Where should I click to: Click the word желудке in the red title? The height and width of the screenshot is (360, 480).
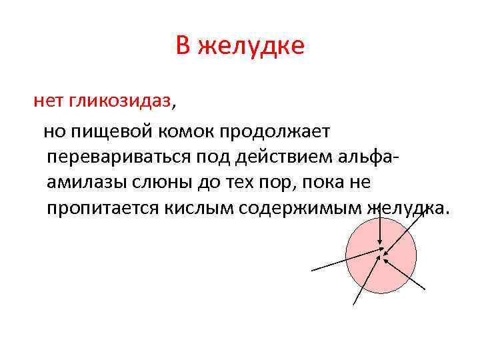[x=251, y=46]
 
